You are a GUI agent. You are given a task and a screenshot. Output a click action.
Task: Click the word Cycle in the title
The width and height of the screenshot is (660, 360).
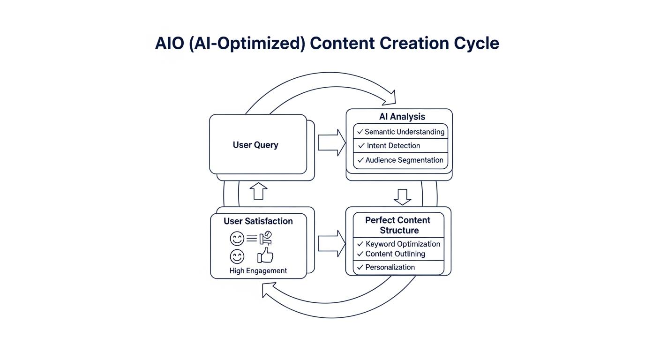tap(476, 43)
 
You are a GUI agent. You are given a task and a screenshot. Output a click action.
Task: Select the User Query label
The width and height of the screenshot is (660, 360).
tap(255, 145)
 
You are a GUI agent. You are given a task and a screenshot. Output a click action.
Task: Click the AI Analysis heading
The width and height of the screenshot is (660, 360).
tap(402, 117)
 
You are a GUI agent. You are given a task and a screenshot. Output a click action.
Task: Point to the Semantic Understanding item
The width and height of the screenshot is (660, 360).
tap(404, 132)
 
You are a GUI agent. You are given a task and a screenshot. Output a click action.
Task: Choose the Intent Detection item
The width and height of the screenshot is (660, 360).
tap(393, 146)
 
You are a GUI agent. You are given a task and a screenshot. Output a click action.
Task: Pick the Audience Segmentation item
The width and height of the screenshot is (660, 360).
tap(404, 160)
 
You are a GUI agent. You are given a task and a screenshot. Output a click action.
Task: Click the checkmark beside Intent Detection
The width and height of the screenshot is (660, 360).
tap(361, 146)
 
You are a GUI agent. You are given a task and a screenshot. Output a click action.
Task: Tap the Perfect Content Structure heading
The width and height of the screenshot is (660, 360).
tap(398, 225)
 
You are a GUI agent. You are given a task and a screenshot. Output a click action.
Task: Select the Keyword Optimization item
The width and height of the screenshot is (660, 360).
tap(403, 244)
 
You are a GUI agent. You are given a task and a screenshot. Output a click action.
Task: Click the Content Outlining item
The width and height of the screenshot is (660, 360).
tap(395, 254)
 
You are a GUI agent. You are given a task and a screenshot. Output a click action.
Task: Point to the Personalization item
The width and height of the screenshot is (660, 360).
tap(390, 267)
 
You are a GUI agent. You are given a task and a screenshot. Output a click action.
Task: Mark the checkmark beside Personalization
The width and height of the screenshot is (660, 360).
tap(360, 267)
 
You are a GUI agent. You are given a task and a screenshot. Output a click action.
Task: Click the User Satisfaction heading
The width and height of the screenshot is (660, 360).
tap(258, 221)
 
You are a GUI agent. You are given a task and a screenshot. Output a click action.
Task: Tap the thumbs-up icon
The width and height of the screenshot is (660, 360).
tap(265, 256)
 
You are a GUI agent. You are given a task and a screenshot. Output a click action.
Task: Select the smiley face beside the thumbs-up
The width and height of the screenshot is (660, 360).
tap(237, 256)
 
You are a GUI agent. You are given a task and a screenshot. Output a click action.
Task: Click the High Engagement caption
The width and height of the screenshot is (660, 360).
tap(258, 270)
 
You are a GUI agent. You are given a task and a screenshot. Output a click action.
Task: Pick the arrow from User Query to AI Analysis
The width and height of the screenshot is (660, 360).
tap(331, 142)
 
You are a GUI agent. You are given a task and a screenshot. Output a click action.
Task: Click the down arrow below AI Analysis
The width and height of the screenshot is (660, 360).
tap(402, 197)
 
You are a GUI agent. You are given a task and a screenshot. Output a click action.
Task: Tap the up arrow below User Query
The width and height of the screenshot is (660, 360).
tap(258, 191)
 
